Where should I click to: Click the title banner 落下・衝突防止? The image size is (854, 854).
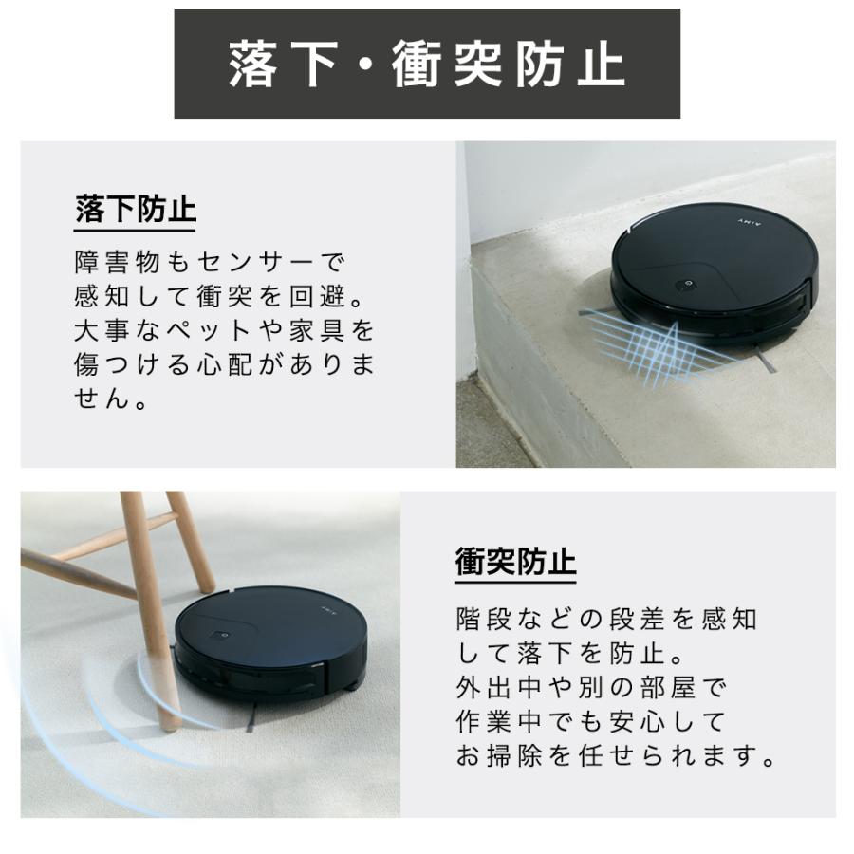[x=427, y=65]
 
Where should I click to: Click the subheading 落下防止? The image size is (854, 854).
[x=135, y=210]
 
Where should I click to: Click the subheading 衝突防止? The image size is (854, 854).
[x=515, y=561]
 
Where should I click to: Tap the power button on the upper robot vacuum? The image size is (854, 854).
[x=685, y=285]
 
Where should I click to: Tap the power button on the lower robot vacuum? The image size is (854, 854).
[x=220, y=635]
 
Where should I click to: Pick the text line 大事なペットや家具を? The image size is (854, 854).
[x=225, y=330]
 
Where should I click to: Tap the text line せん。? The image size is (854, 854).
[x=112, y=399]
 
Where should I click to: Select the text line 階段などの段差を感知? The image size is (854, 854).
[x=606, y=621]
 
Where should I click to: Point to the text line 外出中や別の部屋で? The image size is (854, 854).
[x=590, y=688]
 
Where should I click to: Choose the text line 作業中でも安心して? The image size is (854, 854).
[x=590, y=722]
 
